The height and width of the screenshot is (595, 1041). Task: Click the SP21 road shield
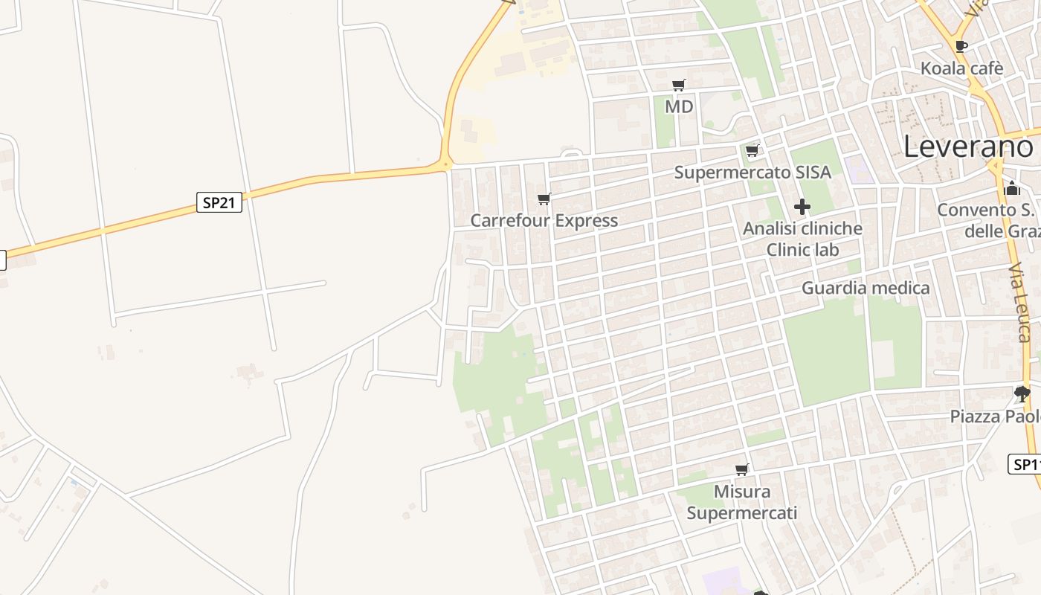pos(219,202)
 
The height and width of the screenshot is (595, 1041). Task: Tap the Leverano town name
pos(968,147)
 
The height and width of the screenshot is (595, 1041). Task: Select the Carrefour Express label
pos(544,221)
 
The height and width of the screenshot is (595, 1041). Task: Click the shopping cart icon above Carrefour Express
pos(544,199)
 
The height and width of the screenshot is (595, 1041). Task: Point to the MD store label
pos(679,107)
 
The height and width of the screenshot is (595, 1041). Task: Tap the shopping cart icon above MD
pos(678,86)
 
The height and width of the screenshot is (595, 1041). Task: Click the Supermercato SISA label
pos(752,173)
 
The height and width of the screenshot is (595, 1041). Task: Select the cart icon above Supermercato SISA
pos(752,151)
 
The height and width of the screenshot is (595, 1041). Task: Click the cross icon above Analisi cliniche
pos(802,207)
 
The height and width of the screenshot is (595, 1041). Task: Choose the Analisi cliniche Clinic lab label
pos(802,239)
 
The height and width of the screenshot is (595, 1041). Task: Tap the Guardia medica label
pos(866,288)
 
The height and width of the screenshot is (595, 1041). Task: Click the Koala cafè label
pos(962,68)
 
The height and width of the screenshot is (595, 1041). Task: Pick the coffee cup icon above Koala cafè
pos(961,46)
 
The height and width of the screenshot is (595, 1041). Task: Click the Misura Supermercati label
pos(742,502)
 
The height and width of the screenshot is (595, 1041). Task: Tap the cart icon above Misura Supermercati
pos(741,469)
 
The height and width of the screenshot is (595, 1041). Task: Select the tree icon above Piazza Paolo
pos(1022,393)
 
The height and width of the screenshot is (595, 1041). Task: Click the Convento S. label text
pos(986,210)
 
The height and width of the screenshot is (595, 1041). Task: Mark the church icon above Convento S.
pos(1012,188)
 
